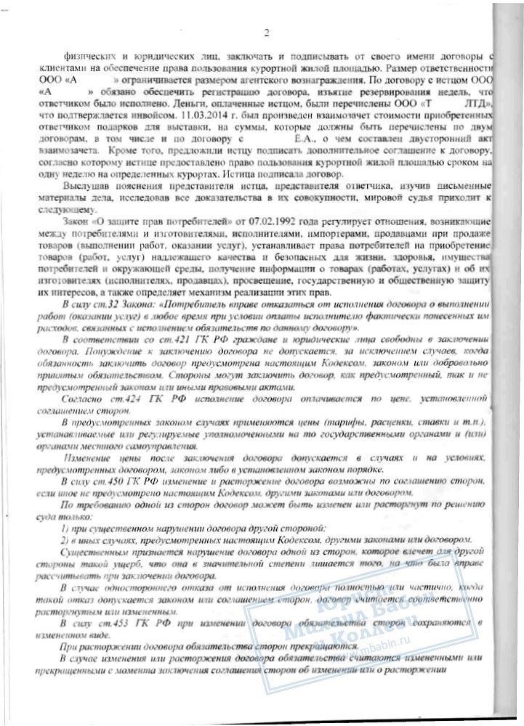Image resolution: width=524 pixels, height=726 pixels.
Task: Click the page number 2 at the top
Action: [x=266, y=32]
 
